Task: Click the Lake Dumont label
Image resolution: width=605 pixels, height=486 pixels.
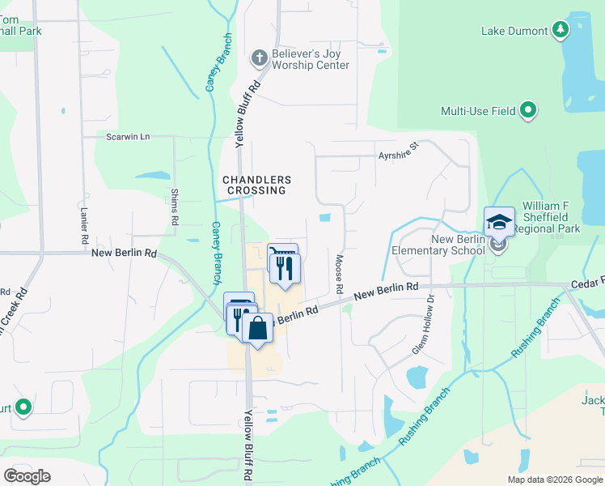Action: (x=514, y=32)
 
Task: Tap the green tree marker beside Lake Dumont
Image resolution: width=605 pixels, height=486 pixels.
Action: (x=560, y=31)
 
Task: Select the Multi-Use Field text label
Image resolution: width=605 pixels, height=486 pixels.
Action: (x=478, y=111)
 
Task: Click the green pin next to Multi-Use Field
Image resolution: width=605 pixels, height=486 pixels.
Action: (x=528, y=110)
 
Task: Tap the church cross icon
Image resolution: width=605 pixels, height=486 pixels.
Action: (x=259, y=58)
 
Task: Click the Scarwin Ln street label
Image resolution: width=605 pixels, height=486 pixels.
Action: (x=128, y=137)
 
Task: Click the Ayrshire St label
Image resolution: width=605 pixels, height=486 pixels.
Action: (x=397, y=150)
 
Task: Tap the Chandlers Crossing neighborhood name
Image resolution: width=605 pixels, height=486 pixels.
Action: (x=256, y=185)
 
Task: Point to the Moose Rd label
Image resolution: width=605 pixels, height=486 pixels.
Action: (x=340, y=274)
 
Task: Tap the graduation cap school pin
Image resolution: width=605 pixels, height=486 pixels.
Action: (x=499, y=223)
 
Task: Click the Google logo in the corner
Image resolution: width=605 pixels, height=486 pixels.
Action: (x=27, y=476)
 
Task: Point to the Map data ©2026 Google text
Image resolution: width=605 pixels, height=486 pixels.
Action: (x=554, y=480)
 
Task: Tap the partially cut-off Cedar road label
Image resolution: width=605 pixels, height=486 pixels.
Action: (x=587, y=282)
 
